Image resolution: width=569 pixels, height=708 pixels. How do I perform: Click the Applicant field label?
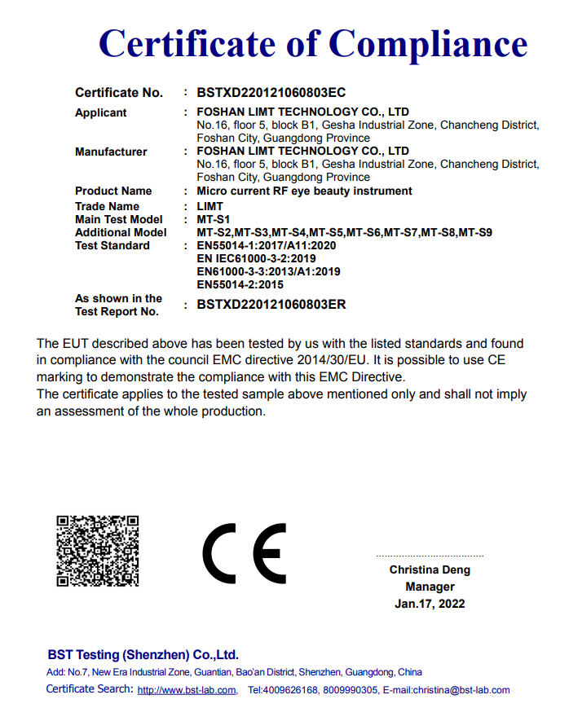click(x=101, y=112)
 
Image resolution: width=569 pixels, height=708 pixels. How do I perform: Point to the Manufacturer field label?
click(x=111, y=152)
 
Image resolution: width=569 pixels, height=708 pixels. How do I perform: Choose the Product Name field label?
click(x=113, y=191)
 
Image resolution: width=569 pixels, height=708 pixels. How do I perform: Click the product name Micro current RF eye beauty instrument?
click(x=304, y=191)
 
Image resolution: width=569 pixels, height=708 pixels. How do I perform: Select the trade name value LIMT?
click(x=210, y=206)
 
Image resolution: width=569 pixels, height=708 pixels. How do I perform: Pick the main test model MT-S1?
click(x=214, y=219)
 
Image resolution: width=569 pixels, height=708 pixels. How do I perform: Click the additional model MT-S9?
click(x=475, y=232)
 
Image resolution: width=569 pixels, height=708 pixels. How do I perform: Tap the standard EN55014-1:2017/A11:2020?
click(x=266, y=245)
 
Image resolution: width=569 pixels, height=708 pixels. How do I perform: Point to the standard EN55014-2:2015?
click(x=240, y=284)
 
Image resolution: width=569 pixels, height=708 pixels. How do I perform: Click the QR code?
click(x=97, y=551)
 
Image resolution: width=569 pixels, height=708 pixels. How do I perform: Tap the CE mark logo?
click(x=245, y=552)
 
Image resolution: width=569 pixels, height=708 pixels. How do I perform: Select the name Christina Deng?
click(x=430, y=569)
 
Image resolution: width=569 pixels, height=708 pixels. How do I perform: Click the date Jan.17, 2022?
click(x=430, y=604)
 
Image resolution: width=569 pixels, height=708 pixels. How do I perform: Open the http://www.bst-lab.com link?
click(x=187, y=690)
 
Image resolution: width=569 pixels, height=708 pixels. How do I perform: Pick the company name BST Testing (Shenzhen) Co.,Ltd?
click(x=143, y=655)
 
